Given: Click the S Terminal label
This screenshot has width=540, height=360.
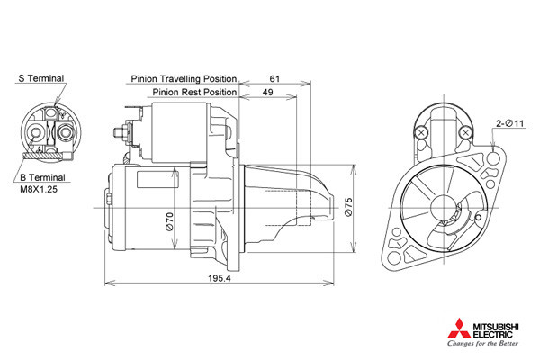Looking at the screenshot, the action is pos(41,78).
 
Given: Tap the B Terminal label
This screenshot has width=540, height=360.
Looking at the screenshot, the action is pos(42,178).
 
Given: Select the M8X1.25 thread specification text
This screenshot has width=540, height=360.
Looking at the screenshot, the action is pos(39,189).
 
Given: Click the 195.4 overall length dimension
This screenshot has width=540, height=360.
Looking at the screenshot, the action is pos(220,278).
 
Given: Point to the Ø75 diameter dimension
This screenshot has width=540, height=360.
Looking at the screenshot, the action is pos(348,207).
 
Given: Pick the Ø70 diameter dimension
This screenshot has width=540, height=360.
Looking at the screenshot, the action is pos(169,222).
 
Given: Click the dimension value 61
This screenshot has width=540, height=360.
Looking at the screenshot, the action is pos(274,79).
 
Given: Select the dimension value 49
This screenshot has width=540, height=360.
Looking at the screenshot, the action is pos(267,93).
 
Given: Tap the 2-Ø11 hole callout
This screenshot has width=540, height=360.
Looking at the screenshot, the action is pos(509,123).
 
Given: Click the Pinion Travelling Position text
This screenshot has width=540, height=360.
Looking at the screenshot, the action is pos(184,79).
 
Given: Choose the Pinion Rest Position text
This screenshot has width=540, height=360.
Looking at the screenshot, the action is pos(194,93).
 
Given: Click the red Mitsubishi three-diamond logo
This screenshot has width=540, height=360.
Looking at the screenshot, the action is pos(459,328).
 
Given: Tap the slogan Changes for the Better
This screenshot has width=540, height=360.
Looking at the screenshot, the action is pos(482,343).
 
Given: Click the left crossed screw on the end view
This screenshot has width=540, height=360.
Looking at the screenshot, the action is pos(421,132).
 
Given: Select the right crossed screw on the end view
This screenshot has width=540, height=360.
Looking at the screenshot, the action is pos(465,132).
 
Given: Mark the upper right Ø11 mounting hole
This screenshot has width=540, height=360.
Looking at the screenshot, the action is pos(493,158).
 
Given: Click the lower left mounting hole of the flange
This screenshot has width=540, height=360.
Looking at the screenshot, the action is pos(394,258).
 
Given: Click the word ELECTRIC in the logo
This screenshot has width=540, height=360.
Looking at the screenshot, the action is pos(492,334).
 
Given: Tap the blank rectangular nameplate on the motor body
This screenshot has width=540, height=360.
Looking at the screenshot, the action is pos(157,179).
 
